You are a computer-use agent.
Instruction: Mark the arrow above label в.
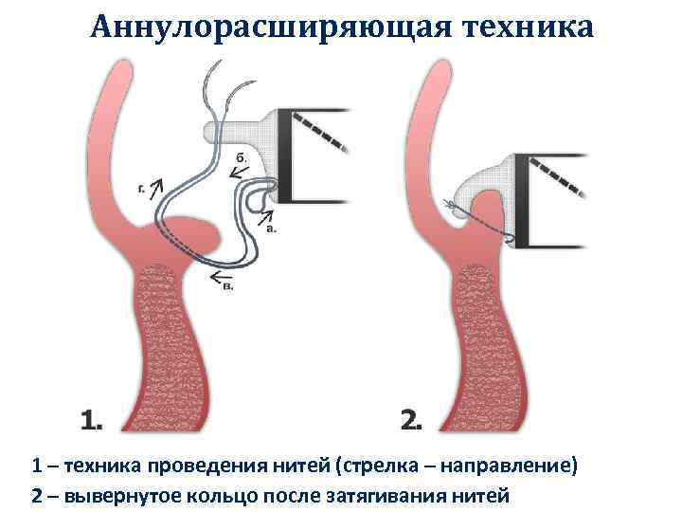222,275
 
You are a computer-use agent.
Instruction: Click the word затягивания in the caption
384,495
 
